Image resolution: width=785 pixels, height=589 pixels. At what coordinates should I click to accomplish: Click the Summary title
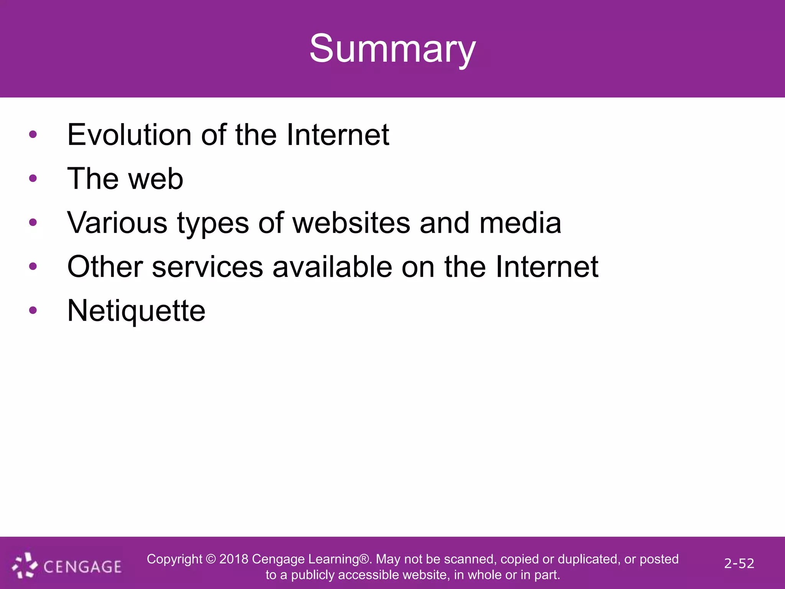(392, 49)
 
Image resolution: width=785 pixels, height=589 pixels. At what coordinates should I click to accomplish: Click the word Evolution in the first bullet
(129, 135)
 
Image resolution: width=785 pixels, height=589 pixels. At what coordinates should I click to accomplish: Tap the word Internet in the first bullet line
(338, 135)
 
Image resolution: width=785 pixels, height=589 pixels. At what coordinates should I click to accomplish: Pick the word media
(520, 223)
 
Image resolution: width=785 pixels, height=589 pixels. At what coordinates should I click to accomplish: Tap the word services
(207, 267)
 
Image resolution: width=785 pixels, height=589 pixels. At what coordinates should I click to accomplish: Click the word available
(332, 267)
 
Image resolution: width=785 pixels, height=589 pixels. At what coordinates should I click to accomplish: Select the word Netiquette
(136, 311)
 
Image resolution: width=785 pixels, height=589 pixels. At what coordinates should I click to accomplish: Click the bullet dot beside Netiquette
(33, 310)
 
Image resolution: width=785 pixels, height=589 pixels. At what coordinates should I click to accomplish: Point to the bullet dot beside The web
(33, 178)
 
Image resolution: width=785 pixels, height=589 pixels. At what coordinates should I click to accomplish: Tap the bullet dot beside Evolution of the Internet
(33, 134)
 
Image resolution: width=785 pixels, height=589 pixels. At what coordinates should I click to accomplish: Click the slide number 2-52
(739, 563)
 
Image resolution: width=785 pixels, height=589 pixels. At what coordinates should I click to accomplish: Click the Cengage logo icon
(25, 565)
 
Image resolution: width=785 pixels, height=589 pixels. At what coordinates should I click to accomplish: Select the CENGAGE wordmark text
(82, 567)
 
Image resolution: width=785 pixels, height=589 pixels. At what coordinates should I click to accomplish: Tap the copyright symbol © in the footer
(211, 559)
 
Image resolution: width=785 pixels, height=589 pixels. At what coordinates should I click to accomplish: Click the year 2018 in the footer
(233, 559)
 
